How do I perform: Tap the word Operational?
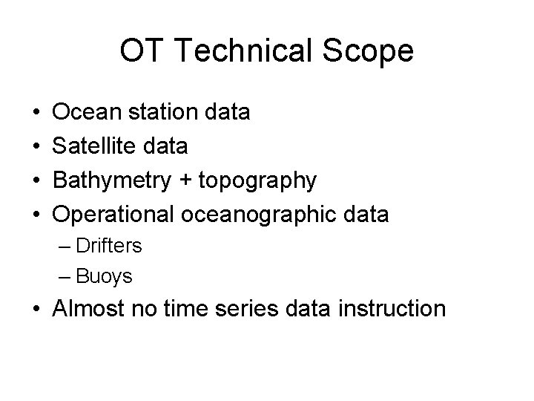tap(112, 215)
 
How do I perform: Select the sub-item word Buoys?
tap(104, 278)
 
